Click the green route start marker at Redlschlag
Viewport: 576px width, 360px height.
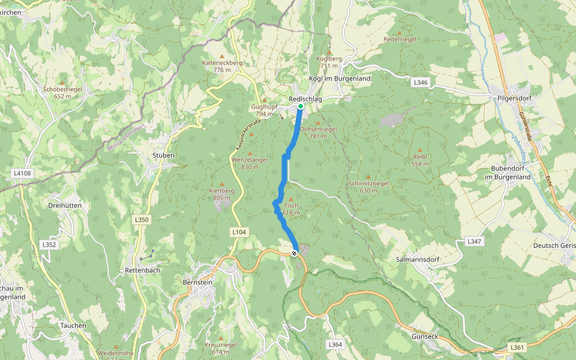pos(301,106)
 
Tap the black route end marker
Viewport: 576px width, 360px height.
pos(295,253)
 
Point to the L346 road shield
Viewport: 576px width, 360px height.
pos(421,82)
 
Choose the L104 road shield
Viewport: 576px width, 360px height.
pos(238,231)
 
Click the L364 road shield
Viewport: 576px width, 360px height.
pos(335,344)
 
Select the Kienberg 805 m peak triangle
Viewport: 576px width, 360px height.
pos(222,184)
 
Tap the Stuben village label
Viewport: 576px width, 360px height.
pos(163,155)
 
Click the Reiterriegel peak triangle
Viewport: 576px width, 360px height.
pos(400,32)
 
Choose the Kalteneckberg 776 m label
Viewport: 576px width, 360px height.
pos(222,66)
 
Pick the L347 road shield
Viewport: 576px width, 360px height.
pos(474,241)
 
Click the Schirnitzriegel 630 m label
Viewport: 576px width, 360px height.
pos(368,187)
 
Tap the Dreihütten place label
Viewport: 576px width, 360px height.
pos(64,205)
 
